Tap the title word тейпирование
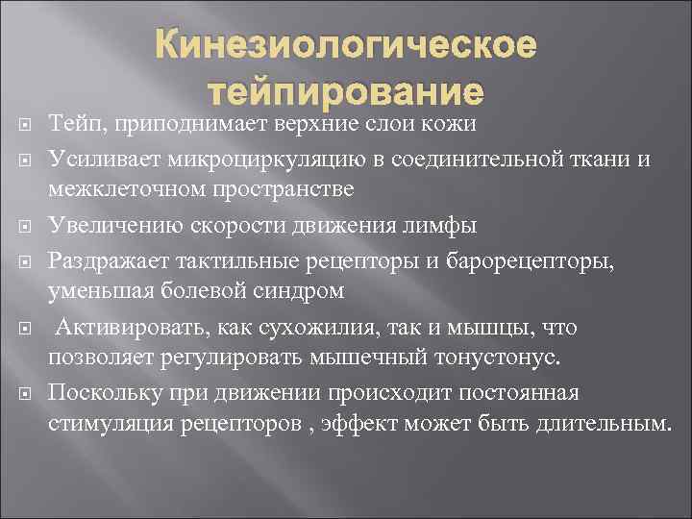pyautogui.click(x=345, y=93)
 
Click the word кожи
pyautogui.click(x=448, y=125)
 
